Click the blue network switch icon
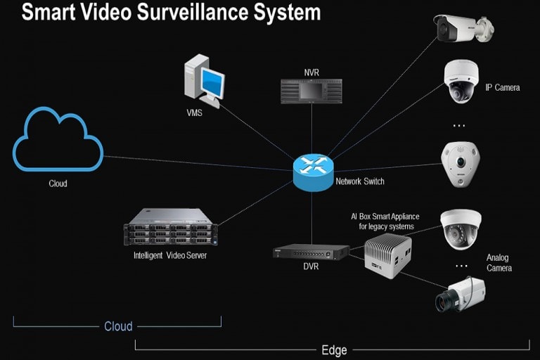[311, 172]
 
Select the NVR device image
[310, 91]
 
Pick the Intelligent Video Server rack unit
[170, 227]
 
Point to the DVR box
[311, 251]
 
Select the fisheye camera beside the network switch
[459, 163]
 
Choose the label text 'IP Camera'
[503, 88]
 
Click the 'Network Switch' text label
[360, 182]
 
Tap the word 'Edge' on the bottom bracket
[333, 349]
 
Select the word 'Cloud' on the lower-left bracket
[118, 326]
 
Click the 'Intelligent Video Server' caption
[170, 255]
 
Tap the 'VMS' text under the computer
[194, 112]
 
